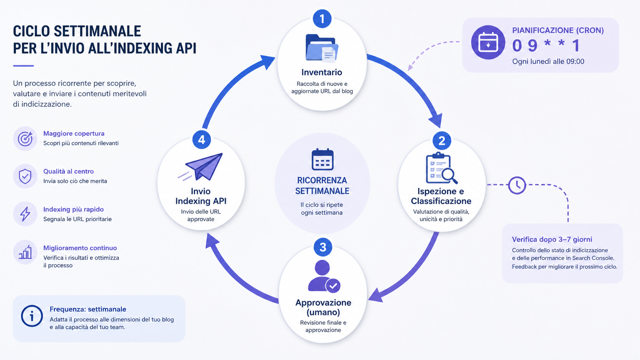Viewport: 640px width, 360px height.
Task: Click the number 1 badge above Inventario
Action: click(322, 19)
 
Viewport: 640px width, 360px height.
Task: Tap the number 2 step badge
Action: click(442, 140)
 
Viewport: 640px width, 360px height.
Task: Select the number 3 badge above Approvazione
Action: click(323, 247)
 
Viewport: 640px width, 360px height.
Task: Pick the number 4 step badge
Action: click(201, 140)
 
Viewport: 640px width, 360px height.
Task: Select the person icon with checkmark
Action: click(324, 276)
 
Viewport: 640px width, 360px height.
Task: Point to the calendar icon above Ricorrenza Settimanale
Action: click(322, 159)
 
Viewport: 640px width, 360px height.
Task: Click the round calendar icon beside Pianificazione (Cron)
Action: click(488, 42)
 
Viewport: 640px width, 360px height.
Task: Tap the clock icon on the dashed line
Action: click(517, 185)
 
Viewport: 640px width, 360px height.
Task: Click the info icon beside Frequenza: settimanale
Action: click(32, 316)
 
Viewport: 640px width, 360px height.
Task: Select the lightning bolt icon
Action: click(25, 214)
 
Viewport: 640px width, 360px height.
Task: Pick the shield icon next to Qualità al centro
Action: click(25, 176)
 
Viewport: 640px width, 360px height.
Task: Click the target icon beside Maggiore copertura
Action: click(25, 139)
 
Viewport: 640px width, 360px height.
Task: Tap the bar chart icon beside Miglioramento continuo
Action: click(25, 252)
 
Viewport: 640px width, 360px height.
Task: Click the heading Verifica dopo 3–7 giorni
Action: click(552, 240)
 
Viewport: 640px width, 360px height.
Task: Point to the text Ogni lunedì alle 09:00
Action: click(548, 61)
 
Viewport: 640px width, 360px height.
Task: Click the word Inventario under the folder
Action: click(322, 72)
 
